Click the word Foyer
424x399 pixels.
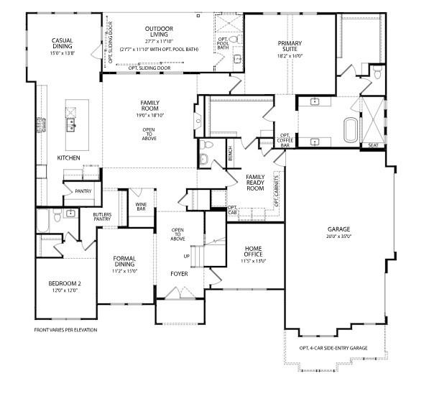pos(180,274)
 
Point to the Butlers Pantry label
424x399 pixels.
pos(102,217)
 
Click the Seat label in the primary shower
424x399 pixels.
pos(373,145)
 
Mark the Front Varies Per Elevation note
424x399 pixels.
pos(65,330)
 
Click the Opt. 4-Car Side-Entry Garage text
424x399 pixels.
pos(333,348)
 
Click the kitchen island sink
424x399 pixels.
pos(72,125)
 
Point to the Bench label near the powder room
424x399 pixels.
pos(230,152)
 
